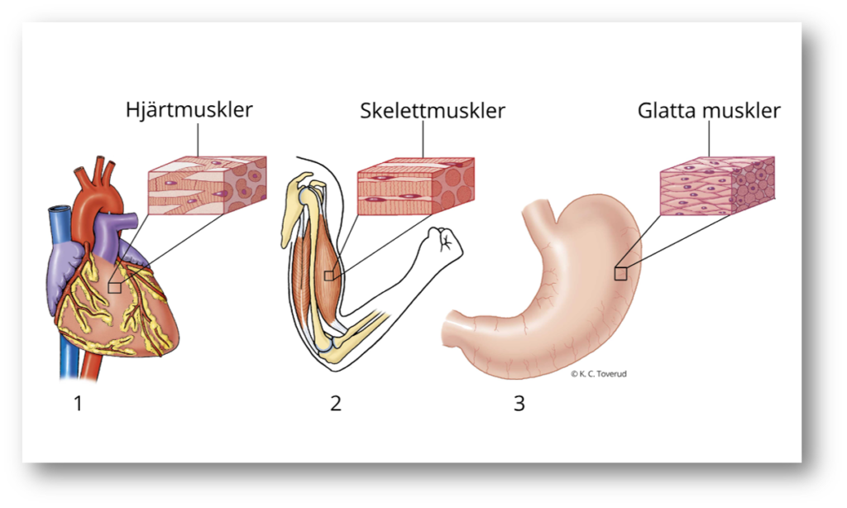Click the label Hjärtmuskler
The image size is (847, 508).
189,110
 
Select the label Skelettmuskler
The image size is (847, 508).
432,111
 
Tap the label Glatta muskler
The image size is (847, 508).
709,111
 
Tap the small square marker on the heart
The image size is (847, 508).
114,287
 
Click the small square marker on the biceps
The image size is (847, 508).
328,276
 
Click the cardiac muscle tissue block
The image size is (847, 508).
207,185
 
